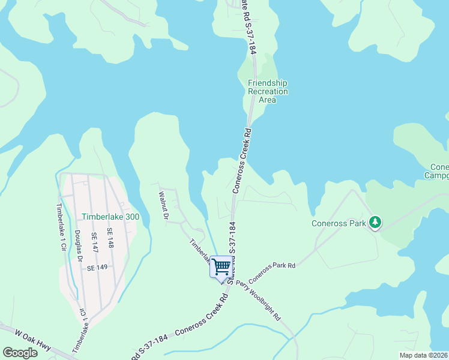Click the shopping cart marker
[x=221, y=266]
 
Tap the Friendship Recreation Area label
[x=268, y=91]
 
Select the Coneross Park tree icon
[x=375, y=223]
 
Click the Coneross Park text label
[x=339, y=224]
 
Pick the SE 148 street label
[x=110, y=238]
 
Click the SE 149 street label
[x=97, y=268]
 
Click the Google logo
[x=20, y=352]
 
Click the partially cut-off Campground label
[x=438, y=171]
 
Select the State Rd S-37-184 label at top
[x=249, y=27]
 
